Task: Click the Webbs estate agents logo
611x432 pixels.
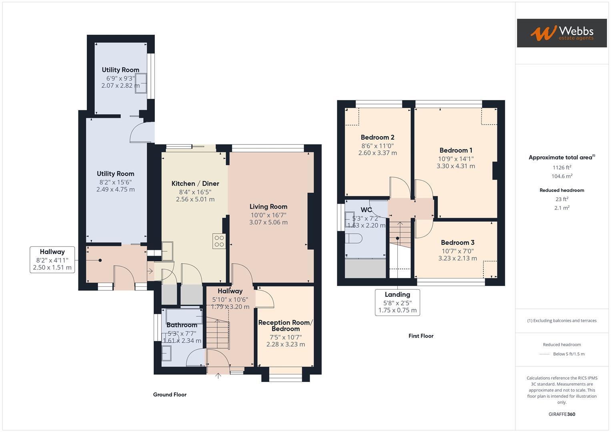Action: coord(561,33)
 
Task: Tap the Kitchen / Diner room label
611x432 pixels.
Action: coord(195,184)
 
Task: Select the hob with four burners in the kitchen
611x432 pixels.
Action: coord(219,241)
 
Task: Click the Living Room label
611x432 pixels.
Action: coord(268,207)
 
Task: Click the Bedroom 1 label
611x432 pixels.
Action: coord(456,150)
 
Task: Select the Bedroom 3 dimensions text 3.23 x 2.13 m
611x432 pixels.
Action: coord(457,258)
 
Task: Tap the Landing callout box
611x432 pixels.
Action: coord(397,302)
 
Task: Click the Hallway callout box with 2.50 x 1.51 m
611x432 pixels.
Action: coord(52,260)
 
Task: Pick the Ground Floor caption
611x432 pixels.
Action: coord(170,394)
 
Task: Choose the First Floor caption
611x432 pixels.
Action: coord(421,336)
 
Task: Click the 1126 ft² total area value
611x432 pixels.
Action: coord(562,168)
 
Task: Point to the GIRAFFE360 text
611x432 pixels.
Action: coord(562,414)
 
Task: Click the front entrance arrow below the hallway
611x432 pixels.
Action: coord(218,376)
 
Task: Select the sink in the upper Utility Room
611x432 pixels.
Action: coord(141,83)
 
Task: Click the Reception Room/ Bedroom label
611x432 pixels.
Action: coord(285,326)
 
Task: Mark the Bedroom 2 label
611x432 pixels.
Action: coord(377,138)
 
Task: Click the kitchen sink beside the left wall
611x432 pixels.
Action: coord(167,251)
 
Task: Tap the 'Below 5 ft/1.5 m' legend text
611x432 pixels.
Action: coord(569,354)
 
